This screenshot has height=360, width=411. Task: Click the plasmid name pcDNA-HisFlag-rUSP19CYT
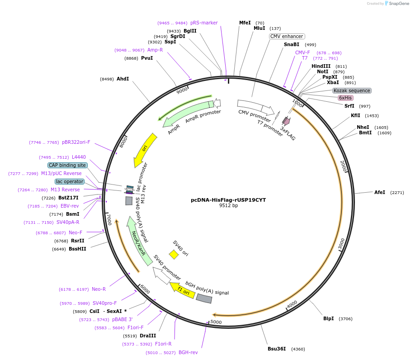[x=228, y=199]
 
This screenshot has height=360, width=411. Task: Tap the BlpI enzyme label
[x=328, y=318]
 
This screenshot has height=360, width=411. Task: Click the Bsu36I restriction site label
[x=277, y=349]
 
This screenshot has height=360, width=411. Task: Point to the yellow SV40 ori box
[x=174, y=255]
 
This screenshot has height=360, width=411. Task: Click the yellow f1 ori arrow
[x=182, y=289]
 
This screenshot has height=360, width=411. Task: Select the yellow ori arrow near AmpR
[x=145, y=150]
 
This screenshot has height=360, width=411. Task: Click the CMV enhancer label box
[x=287, y=36]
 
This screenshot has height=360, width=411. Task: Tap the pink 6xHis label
[x=345, y=98]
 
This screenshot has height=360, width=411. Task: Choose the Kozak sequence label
[x=352, y=90]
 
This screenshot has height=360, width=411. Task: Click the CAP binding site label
[x=67, y=165]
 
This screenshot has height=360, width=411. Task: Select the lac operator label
[x=70, y=181]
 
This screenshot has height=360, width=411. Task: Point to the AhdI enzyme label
[x=123, y=79]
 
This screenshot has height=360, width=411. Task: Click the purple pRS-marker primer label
[x=204, y=23]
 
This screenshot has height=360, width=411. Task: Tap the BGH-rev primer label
[x=188, y=352]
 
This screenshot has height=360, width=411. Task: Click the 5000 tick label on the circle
[x=216, y=322]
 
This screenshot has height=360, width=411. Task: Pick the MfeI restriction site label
[x=245, y=23]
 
